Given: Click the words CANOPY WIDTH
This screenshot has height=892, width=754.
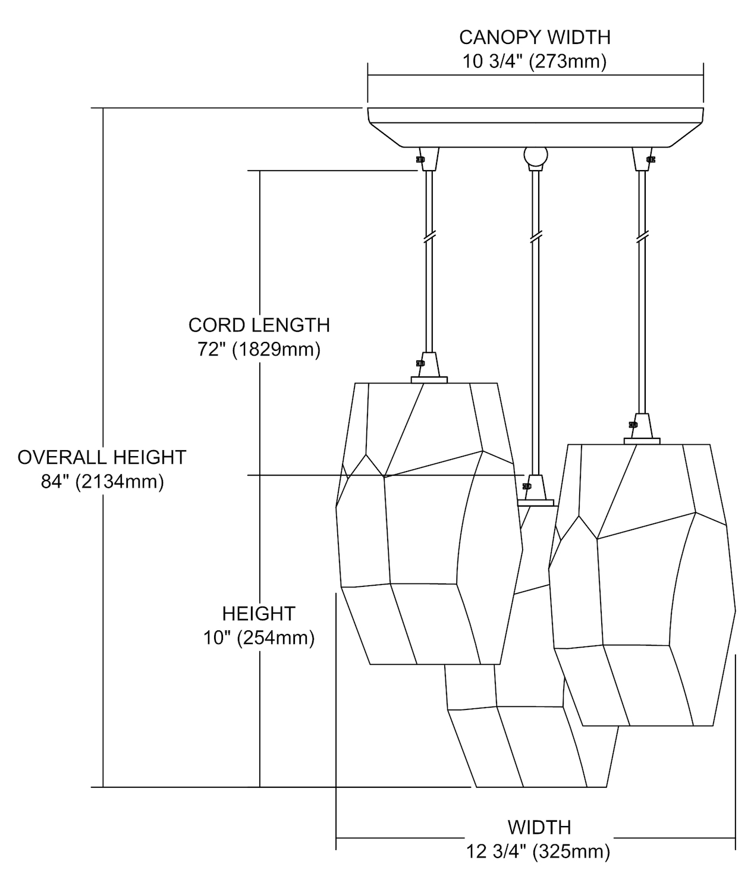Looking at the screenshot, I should (535, 37).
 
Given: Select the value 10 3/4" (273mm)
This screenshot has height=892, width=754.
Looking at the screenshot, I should (535, 62).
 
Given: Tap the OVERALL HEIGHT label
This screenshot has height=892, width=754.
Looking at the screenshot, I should (102, 457).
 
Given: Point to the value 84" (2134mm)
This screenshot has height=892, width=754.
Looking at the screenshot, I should (102, 481).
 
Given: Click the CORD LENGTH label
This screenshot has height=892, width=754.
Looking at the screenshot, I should (259, 325).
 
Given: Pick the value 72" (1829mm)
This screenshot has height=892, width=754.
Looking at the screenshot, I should (259, 349).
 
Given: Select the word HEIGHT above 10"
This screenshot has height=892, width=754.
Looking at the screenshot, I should (259, 613).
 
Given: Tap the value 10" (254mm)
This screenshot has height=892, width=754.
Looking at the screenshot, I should (259, 638).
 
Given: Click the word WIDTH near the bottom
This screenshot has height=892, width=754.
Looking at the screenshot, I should (539, 827).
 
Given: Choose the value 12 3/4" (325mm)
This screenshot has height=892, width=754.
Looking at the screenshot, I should (539, 852).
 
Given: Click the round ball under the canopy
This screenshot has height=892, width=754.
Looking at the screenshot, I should (535, 156).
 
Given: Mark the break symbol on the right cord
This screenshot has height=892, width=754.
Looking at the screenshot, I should (641, 237).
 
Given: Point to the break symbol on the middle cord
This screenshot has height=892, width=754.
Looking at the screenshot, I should (535, 237).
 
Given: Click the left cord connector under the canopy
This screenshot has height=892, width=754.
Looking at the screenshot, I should (429, 159).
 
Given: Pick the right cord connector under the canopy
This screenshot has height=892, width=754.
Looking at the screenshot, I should (641, 159).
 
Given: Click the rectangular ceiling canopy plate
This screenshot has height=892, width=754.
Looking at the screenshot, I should (535, 127).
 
